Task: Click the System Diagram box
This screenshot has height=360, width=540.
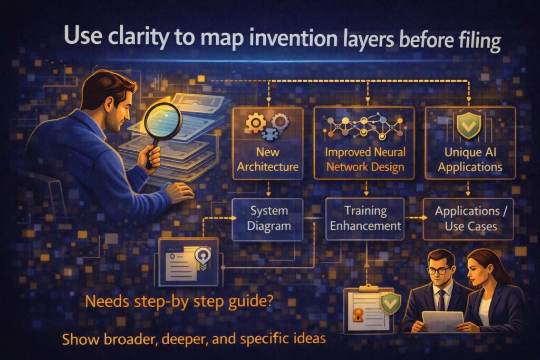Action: coord(268,219)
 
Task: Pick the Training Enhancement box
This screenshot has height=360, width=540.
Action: coord(365,219)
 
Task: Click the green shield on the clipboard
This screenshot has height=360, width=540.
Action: coord(390,304)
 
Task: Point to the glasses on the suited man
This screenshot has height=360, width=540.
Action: coord(439,270)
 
